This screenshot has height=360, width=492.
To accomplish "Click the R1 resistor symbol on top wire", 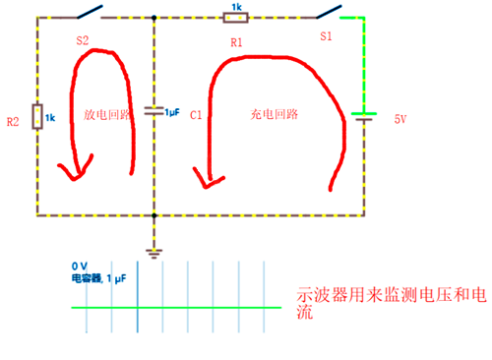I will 235,18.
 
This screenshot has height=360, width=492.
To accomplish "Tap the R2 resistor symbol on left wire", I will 36,117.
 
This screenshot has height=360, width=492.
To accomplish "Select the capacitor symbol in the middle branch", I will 154,111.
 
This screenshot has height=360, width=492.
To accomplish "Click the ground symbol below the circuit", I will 154,251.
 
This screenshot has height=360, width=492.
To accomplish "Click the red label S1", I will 327,35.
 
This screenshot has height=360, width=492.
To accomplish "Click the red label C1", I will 196,115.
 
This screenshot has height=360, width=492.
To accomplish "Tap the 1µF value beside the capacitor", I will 172,112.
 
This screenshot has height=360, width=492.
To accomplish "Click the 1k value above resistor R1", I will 236,7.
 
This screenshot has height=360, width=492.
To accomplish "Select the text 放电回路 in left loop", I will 103,114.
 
